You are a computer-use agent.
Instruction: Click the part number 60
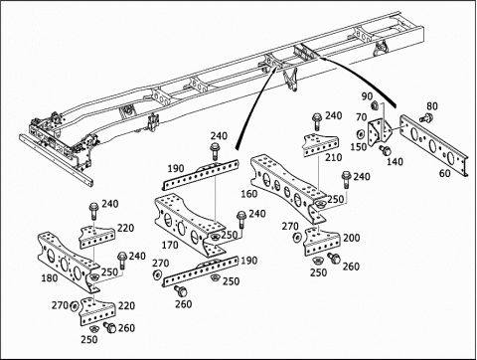click(x=445, y=173)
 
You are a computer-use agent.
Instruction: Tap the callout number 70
click(x=362, y=117)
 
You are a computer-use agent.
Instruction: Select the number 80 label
click(x=432, y=106)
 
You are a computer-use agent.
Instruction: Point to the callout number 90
click(x=367, y=96)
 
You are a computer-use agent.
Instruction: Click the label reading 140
click(x=395, y=162)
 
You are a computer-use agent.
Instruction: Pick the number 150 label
click(x=359, y=147)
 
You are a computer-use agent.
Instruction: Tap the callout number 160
click(x=249, y=194)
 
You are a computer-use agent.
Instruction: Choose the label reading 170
click(x=170, y=246)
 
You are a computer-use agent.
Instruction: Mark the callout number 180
click(x=50, y=277)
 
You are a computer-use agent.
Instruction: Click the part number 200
click(x=352, y=238)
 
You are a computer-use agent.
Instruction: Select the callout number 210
click(x=333, y=157)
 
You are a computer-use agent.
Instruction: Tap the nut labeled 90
click(x=376, y=105)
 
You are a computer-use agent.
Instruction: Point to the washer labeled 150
click(x=359, y=135)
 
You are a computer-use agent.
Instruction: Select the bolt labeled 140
click(x=386, y=150)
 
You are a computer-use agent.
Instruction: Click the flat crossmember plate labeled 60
click(x=433, y=145)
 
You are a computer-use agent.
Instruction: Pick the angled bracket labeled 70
click(x=380, y=131)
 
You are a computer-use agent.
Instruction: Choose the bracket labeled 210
click(x=321, y=145)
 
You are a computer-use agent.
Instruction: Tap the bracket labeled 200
click(x=321, y=242)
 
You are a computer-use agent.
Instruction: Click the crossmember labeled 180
click(x=68, y=262)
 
